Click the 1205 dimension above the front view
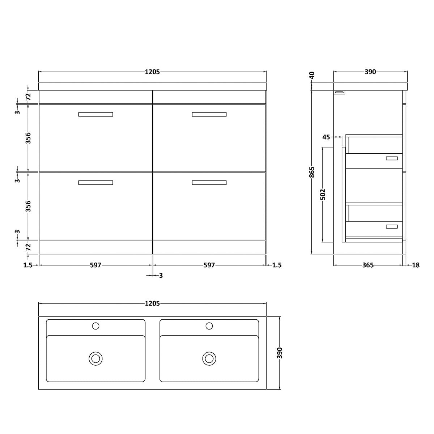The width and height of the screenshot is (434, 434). [152, 72]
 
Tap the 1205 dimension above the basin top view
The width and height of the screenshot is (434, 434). [152, 303]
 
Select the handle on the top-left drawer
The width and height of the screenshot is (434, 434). [95, 114]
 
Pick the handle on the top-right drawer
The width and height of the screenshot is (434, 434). [209, 114]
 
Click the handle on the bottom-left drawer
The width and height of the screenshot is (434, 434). [95, 182]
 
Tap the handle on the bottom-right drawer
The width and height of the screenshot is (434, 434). [209, 182]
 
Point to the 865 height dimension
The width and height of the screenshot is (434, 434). [312, 172]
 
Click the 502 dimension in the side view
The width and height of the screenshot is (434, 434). [323, 194]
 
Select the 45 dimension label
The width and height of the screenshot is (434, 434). [326, 137]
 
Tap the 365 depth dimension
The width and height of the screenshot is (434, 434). [368, 265]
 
